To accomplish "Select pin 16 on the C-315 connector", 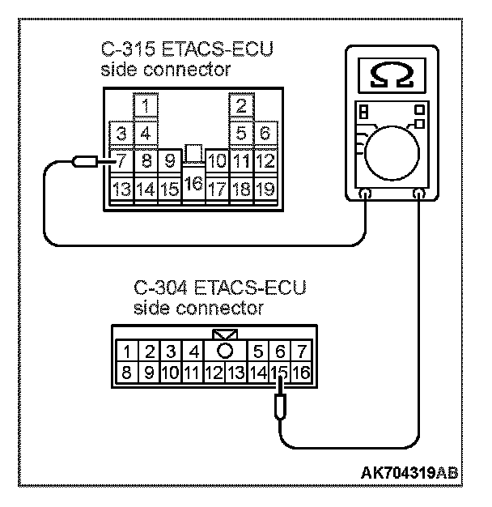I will point(193,185).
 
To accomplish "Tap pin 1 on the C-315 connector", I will point(145,106).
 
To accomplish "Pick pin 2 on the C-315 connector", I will point(240,106).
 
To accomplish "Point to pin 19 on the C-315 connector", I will point(265,190).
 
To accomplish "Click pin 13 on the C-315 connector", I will point(122,190).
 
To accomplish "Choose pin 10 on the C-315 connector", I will point(216,160).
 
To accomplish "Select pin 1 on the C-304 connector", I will point(129,351).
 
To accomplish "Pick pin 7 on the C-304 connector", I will point(300,351).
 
